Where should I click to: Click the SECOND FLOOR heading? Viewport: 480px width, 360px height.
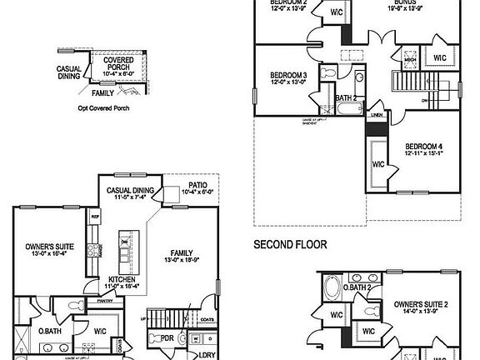[x=290, y=245]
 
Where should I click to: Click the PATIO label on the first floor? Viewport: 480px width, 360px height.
[x=197, y=185]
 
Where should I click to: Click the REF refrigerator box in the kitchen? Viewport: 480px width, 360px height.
[x=95, y=215]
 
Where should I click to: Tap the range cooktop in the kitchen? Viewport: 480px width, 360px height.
[x=101, y=249]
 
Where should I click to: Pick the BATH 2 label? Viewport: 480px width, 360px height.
[x=346, y=97]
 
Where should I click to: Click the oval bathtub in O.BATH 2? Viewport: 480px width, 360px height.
[x=332, y=292]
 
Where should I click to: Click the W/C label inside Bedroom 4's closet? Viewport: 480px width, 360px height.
[x=377, y=164]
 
